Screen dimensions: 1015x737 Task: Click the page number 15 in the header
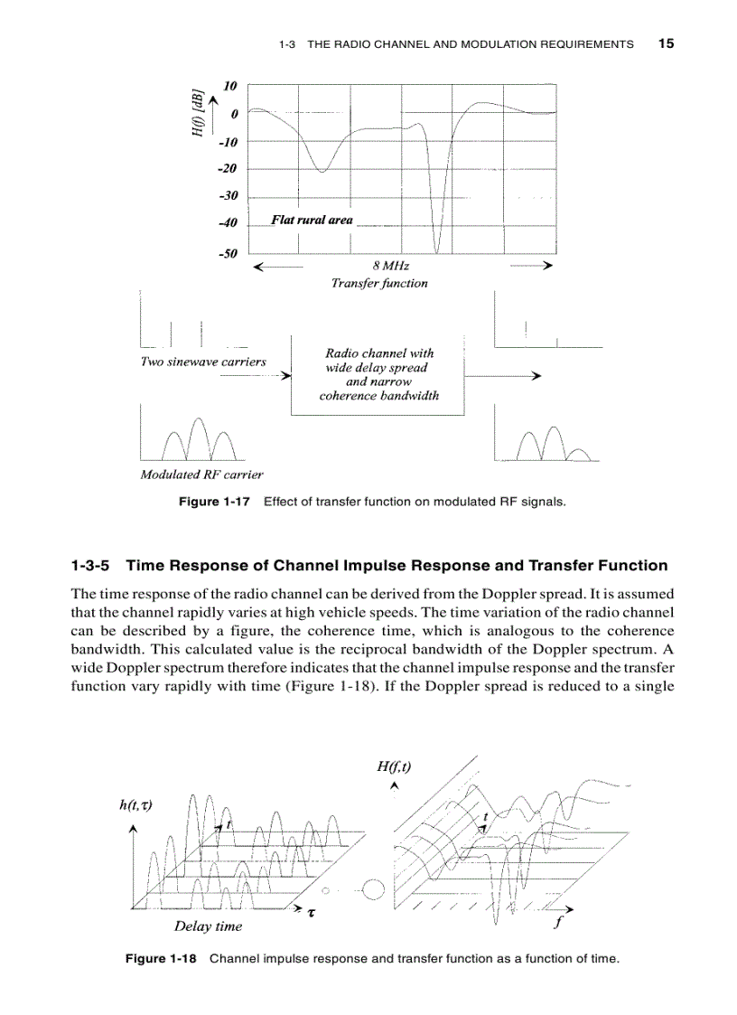pos(666,42)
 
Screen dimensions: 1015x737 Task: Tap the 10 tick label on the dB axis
pos(230,86)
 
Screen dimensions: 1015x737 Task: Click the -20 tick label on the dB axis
pos(227,169)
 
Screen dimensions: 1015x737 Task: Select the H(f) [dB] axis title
pos(197,113)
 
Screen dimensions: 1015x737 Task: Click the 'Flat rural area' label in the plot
pos(312,220)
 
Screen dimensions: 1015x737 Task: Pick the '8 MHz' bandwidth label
pos(390,267)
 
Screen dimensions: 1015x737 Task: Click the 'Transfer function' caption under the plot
pos(379,283)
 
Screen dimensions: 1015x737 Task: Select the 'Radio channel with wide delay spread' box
pos(378,374)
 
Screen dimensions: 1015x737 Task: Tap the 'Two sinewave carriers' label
pos(203,362)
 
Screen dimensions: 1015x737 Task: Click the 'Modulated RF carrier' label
pos(201,475)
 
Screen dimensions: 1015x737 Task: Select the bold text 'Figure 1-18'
pos(160,958)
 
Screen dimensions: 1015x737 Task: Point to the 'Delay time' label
pos(208,926)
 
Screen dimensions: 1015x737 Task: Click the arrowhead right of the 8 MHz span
pos(546,267)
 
